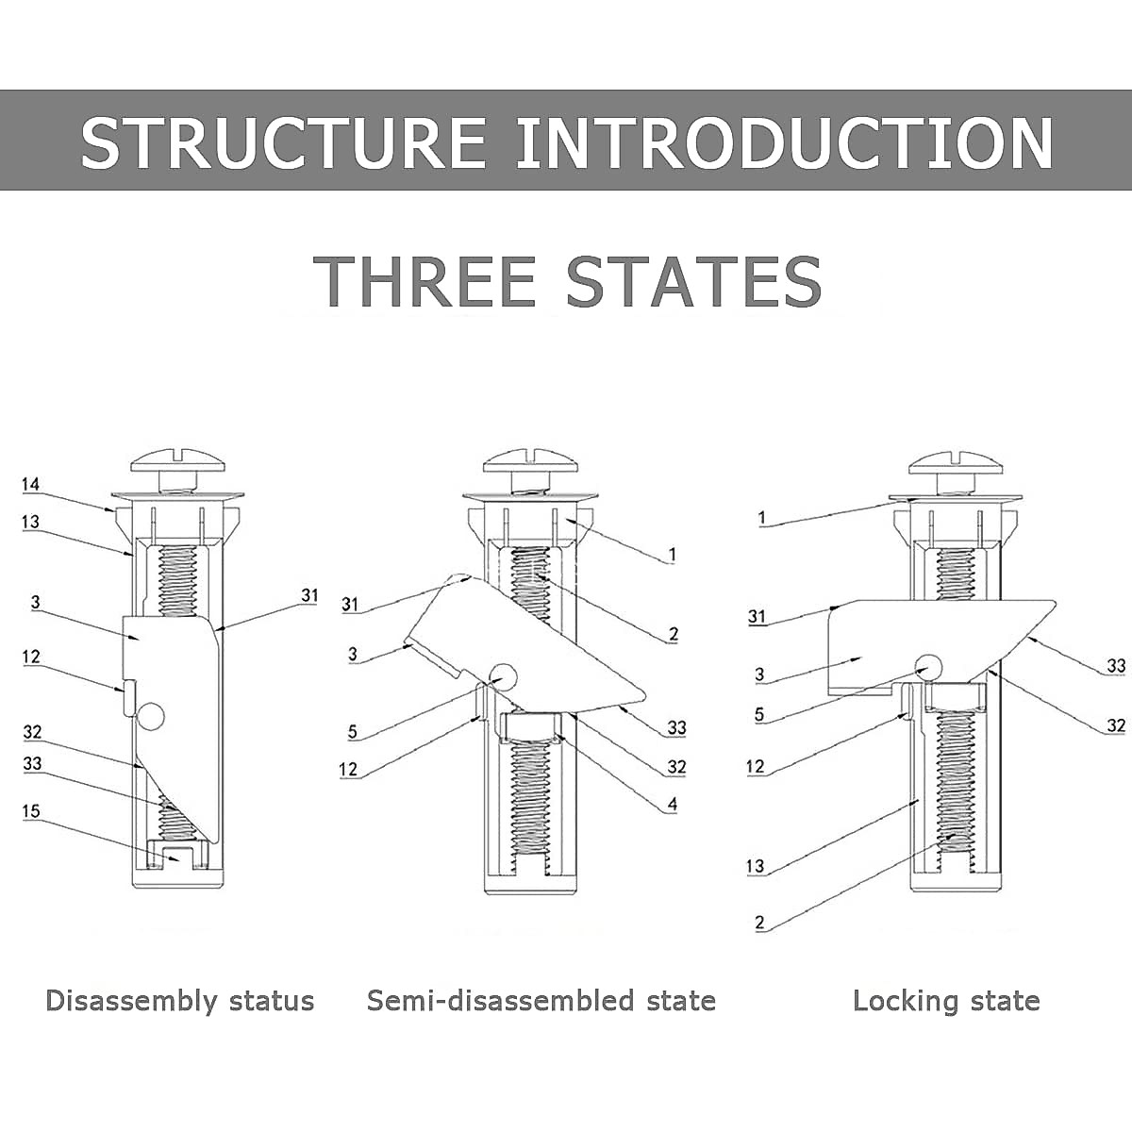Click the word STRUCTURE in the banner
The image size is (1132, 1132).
click(x=283, y=141)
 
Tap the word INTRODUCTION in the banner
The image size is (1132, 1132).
click(x=785, y=141)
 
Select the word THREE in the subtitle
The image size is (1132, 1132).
click(x=424, y=280)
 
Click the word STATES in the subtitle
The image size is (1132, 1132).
click(x=694, y=280)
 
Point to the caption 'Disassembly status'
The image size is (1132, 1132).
click(x=179, y=1001)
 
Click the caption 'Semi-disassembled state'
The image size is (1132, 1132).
click(x=541, y=1001)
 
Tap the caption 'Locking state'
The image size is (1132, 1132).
click(x=946, y=1001)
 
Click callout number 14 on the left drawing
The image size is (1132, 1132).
click(x=31, y=485)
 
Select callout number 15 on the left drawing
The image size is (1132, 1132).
click(x=31, y=811)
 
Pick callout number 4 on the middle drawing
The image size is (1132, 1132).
click(x=672, y=805)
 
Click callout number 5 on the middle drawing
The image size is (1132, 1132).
click(x=352, y=731)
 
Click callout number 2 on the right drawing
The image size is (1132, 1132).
click(x=759, y=924)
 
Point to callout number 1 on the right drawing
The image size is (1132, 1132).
click(x=762, y=518)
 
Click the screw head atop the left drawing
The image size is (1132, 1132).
click(x=178, y=462)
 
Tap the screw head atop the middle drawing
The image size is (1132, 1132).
click(x=531, y=462)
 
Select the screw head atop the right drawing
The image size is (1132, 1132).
click(x=957, y=462)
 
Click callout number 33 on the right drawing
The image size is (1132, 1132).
click(x=1116, y=666)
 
